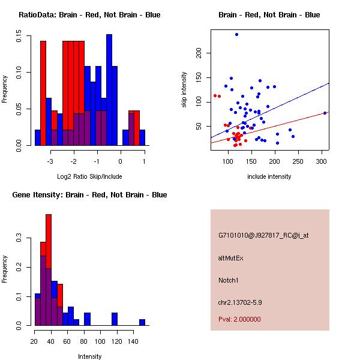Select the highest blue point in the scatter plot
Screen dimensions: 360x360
pyautogui.click(x=236, y=35)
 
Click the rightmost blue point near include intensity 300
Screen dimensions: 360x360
pyautogui.click(x=325, y=113)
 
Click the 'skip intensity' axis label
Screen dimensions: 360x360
pyautogui.click(x=184, y=89)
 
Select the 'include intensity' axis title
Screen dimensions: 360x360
pyautogui.click(x=269, y=176)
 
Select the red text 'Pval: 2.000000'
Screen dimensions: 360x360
pyautogui.click(x=239, y=319)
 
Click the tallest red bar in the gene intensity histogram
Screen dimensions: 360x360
pyautogui.click(x=49, y=270)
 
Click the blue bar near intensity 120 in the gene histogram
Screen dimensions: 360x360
pyautogui.click(x=115, y=319)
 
